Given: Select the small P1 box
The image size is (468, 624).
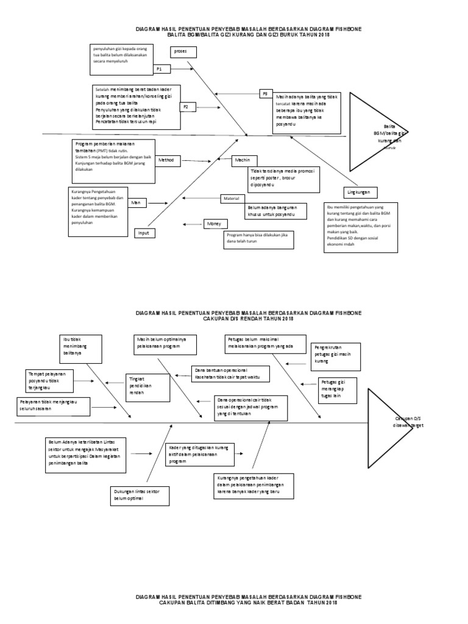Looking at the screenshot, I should pyautogui.click(x=161, y=69).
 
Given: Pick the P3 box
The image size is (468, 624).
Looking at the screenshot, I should pyautogui.click(x=266, y=94).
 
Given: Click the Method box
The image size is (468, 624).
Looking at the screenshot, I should pyautogui.click(x=166, y=160).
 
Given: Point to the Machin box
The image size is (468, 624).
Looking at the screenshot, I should pyautogui.click(x=243, y=160).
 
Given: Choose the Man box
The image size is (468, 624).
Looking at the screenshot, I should pyautogui.click(x=139, y=204).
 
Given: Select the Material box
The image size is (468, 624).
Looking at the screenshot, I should pyautogui.click(x=232, y=199).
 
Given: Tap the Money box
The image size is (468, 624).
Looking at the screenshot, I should pyautogui.click(x=213, y=224).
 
